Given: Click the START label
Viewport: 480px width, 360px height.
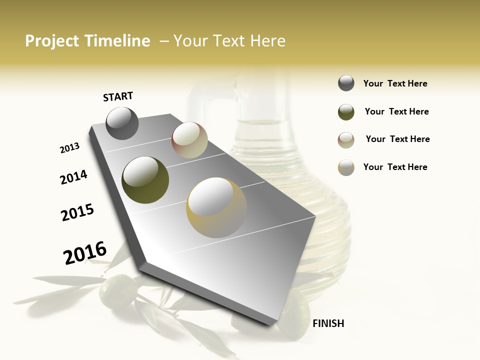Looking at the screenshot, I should point(118,96).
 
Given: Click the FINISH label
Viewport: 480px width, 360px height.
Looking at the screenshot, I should point(328,323).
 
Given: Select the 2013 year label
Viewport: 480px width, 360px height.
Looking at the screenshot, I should point(69,148).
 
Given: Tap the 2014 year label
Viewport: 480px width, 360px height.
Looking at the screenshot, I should point(73,177).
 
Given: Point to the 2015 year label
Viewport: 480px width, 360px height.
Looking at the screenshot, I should point(77,212).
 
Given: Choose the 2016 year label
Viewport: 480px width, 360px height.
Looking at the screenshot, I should point(85,253).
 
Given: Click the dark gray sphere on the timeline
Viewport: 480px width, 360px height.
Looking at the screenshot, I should point(122,123).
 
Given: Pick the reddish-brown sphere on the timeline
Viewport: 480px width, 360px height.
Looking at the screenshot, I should point(189,140).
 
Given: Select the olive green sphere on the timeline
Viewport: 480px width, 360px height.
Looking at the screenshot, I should point(145,180).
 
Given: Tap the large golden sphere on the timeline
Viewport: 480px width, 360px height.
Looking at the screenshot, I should point(216,207).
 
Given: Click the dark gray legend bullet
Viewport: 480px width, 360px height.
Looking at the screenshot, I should point(346,83).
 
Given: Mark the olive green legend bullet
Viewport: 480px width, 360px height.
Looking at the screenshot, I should point(346,112).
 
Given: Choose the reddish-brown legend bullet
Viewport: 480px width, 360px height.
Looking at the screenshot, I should point(346,140).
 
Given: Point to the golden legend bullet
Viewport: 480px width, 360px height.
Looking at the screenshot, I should point(346,167).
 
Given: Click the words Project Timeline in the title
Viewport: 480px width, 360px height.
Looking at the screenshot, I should point(87,41).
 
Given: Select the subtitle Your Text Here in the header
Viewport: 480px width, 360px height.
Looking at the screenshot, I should point(229,41).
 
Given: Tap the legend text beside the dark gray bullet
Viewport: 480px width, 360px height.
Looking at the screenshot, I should point(395,83).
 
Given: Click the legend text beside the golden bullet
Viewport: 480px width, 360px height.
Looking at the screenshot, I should point(395,167).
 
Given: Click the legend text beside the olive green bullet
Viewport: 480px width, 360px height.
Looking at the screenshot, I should point(396,111).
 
